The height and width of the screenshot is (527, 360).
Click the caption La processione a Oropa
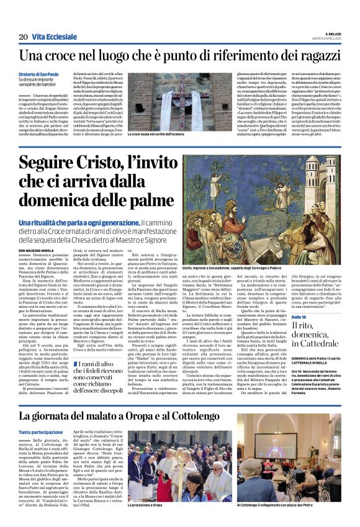click(146, 505)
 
